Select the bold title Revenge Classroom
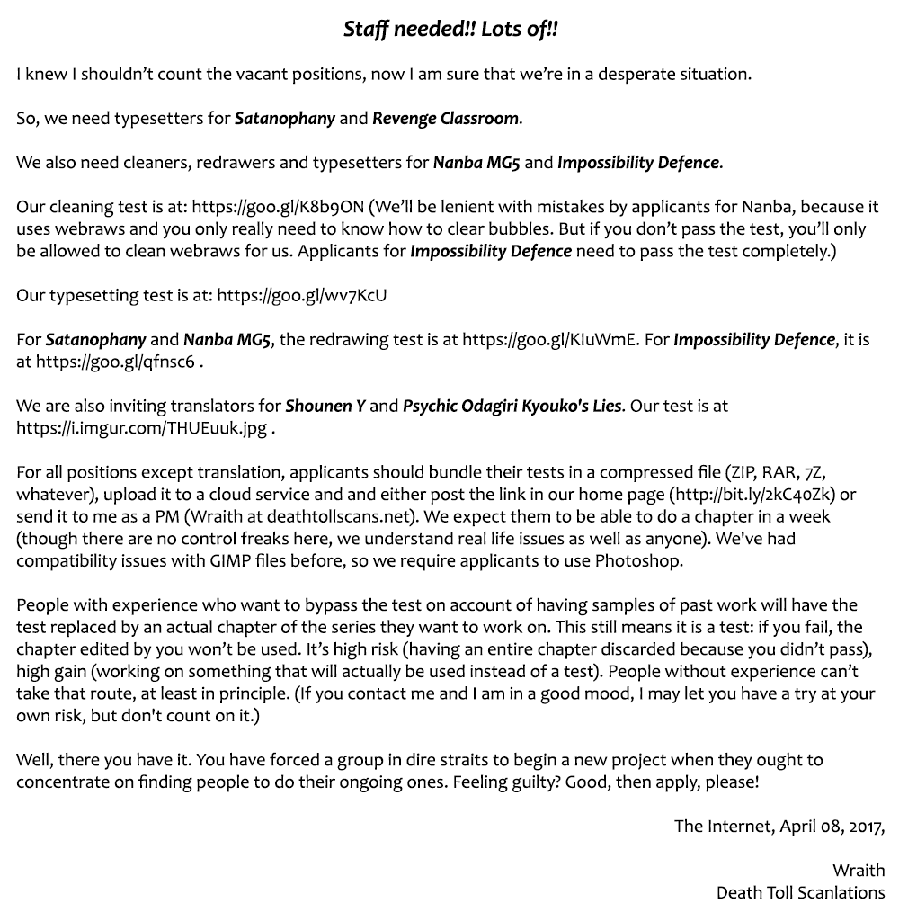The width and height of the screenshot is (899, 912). (x=446, y=118)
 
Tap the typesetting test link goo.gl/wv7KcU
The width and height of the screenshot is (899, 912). (x=302, y=295)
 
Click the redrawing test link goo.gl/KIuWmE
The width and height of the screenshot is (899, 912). (x=549, y=340)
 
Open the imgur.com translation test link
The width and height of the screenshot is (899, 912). (x=141, y=428)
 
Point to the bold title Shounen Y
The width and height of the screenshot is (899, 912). (x=325, y=406)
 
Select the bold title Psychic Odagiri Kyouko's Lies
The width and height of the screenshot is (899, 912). (x=512, y=406)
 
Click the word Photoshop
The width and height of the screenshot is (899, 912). (x=638, y=560)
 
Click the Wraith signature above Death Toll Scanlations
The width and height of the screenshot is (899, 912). (x=858, y=870)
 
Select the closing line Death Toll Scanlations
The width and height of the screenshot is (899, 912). (x=800, y=892)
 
